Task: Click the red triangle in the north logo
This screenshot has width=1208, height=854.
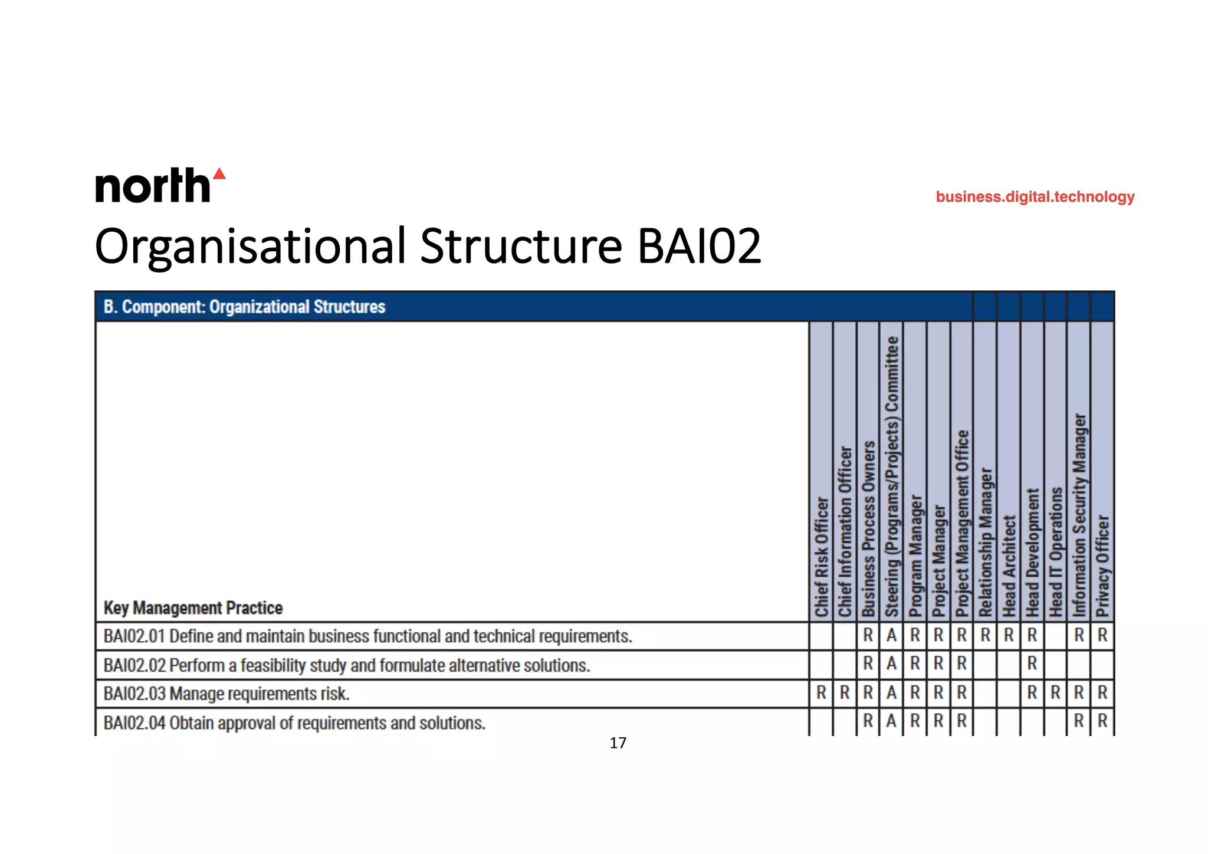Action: tap(219, 174)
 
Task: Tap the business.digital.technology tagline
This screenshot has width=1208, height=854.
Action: tap(1035, 197)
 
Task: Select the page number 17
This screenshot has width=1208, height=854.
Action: tap(618, 743)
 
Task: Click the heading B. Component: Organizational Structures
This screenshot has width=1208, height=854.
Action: tap(244, 307)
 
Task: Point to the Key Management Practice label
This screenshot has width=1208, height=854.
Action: tap(193, 608)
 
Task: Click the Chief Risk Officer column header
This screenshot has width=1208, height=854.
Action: tap(821, 557)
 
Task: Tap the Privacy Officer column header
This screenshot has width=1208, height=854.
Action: tap(1102, 566)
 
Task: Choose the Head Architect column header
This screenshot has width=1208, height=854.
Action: tap(1009, 566)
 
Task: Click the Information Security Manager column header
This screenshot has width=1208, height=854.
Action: tap(1079, 515)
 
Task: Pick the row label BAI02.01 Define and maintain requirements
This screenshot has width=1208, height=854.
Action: tap(367, 636)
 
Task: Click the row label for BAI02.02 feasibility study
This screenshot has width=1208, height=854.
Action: tap(346, 665)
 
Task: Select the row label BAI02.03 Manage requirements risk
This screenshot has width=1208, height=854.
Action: tap(226, 694)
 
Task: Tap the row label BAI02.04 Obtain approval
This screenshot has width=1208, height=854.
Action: tap(294, 723)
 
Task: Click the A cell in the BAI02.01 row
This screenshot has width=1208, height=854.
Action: tap(891, 636)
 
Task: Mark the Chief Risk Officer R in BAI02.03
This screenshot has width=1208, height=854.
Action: tap(821, 693)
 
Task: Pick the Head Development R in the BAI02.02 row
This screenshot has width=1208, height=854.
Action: tap(1032, 664)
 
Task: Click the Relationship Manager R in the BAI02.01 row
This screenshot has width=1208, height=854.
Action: tap(985, 636)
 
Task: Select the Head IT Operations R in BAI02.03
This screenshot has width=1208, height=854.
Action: tap(1055, 693)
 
